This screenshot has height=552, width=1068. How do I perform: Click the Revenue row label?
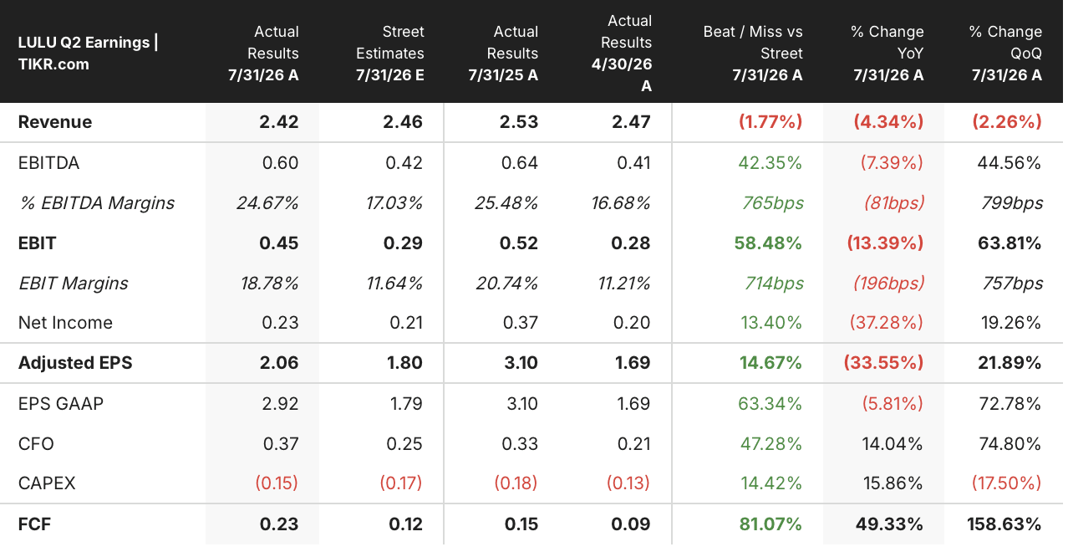55,122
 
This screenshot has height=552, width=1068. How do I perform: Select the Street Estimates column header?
390,53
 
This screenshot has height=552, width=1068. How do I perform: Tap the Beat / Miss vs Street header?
753,53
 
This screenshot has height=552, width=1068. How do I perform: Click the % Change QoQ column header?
1005,53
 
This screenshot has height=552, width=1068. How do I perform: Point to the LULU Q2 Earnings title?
89,53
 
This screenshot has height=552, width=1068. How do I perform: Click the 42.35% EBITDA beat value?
770,163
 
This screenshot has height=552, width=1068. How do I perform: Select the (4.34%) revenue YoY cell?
888,122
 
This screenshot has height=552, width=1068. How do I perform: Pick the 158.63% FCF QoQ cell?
1004,524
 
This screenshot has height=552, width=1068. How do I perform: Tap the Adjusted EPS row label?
75,363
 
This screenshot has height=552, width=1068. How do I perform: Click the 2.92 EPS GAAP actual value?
280,404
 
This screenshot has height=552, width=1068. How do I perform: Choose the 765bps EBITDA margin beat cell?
773,203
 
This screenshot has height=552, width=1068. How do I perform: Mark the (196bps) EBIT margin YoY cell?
888,284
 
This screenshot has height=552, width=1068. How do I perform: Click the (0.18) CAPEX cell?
516,483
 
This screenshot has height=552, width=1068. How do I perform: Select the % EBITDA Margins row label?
96,203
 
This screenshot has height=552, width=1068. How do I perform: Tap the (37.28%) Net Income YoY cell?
887,323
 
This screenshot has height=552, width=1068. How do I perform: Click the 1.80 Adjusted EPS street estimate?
404,363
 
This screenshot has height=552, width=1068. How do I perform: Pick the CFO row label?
36,444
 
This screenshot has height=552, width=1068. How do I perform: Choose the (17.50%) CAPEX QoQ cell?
1006,483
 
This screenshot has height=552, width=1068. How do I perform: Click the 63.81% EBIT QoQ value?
1010,243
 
